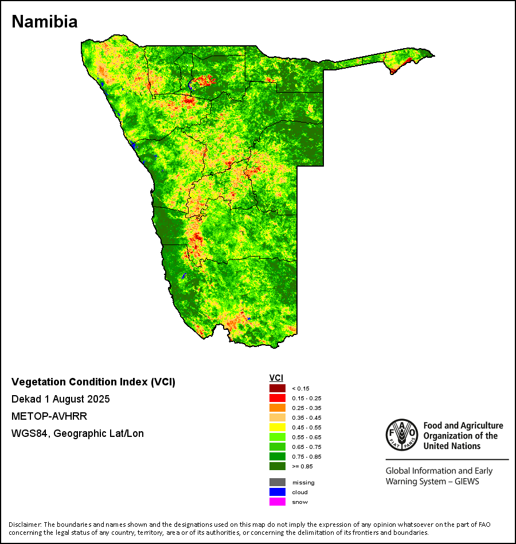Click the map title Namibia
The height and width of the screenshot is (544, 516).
45,22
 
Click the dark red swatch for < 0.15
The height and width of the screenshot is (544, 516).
277,388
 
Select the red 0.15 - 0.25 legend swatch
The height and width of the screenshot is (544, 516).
277,398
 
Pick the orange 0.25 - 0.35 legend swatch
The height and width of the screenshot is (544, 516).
277,408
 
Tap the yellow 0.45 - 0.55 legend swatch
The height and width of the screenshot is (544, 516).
277,427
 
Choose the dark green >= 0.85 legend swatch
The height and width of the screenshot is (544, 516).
277,466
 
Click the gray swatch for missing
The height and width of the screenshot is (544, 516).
277,482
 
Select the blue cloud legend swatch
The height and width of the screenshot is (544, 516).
277,492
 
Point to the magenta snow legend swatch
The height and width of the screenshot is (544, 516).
277,502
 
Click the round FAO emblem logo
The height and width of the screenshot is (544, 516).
401,435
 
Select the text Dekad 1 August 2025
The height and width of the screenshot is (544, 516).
61,399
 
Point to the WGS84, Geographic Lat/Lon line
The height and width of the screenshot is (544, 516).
77,433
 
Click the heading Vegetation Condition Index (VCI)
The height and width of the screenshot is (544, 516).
93,382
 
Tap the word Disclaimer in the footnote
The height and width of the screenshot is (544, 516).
25,525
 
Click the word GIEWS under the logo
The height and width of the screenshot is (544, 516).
464,482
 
